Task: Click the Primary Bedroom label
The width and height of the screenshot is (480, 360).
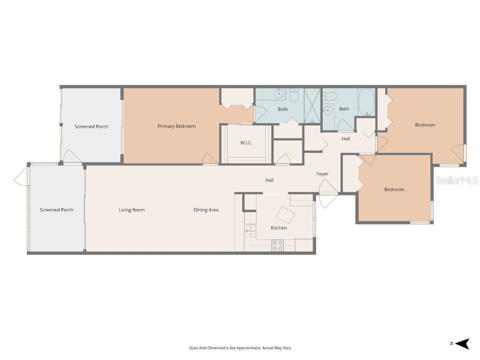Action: click(x=176, y=126)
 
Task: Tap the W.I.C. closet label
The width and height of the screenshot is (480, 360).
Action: click(x=246, y=142)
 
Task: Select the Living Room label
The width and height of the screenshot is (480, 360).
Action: click(x=132, y=210)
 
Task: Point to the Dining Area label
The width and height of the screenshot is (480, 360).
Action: click(x=206, y=210)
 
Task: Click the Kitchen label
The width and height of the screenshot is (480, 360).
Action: click(x=279, y=228)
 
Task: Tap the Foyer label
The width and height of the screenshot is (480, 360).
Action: click(x=322, y=174)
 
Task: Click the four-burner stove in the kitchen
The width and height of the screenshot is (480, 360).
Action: click(x=277, y=245)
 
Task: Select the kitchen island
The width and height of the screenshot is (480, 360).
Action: click(x=285, y=215)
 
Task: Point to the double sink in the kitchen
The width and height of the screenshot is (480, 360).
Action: click(x=250, y=230)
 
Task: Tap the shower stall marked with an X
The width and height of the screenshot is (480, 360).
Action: click(x=312, y=105)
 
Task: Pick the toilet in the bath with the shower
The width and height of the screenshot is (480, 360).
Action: click(x=294, y=96)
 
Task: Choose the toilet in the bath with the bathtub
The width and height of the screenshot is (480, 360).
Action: click(x=330, y=96)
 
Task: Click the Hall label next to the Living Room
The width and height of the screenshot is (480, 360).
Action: click(x=270, y=180)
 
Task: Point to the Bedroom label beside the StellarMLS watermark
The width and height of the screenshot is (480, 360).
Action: click(x=394, y=189)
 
